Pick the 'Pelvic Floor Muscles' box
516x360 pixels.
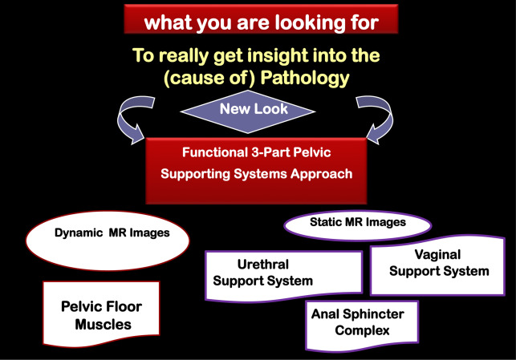[101, 316]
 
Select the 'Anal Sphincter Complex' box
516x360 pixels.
[360, 321]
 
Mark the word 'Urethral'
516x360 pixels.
[264, 264]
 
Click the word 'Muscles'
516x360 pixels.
[102, 325]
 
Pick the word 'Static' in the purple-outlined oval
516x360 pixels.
[327, 220]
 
